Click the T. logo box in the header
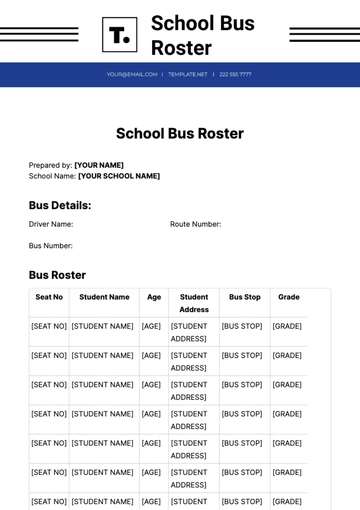[120, 35]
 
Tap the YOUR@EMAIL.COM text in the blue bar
[132, 74]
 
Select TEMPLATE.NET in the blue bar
[188, 74]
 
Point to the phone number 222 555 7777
[235, 74]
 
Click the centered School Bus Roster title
[180, 133]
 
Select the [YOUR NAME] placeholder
[99, 165]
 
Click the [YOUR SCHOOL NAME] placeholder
[119, 176]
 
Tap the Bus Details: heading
[60, 205]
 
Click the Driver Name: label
[51, 224]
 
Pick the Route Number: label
[195, 224]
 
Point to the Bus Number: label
[51, 245]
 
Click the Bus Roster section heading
[57, 275]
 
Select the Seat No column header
[49, 297]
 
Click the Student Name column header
[104, 297]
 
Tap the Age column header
[153, 297]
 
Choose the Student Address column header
[194, 303]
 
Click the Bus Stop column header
[244, 297]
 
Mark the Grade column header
[289, 297]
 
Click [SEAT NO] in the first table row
[49, 326]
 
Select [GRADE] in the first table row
[287, 326]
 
